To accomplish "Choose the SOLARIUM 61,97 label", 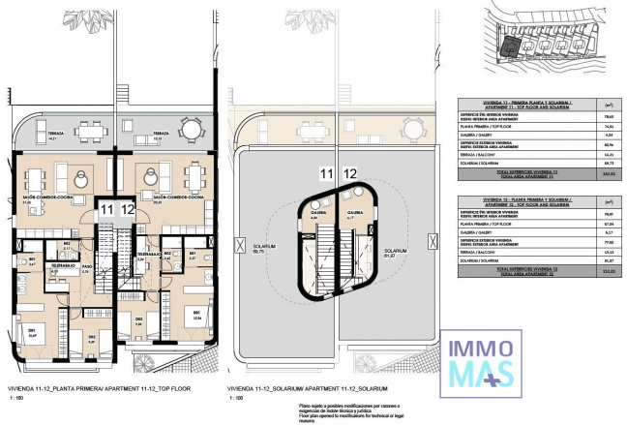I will pyautogui.click(x=393, y=255).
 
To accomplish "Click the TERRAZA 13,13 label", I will pyautogui.click(x=161, y=136).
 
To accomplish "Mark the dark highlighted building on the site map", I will pyautogui.click(x=507, y=45).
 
